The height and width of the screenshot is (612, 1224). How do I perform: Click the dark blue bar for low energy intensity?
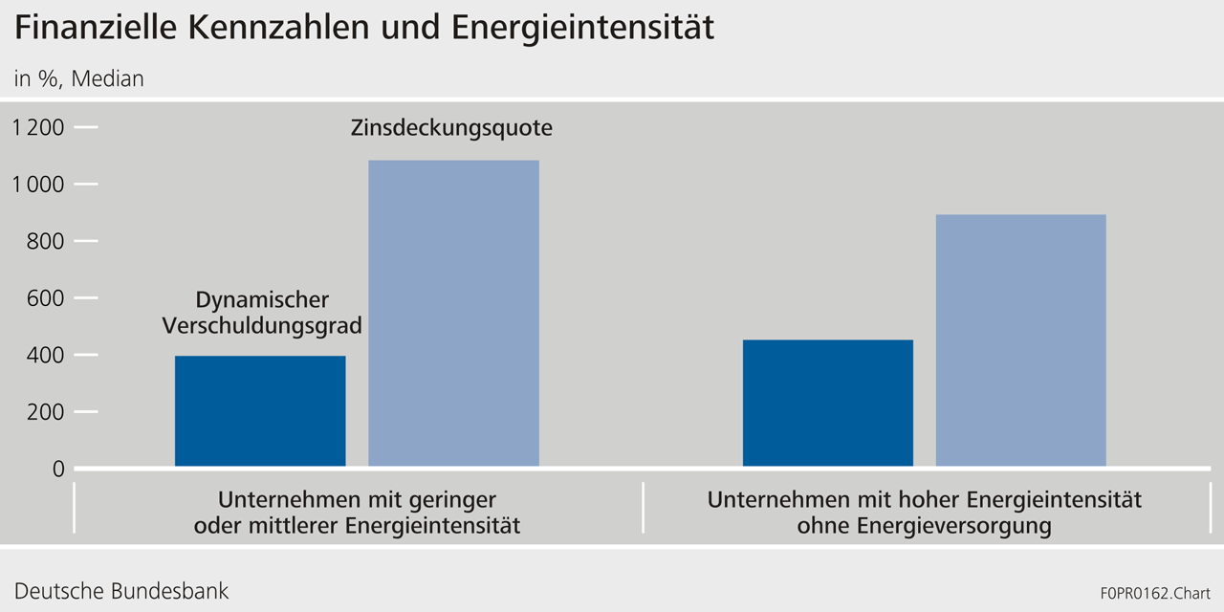point(260,411)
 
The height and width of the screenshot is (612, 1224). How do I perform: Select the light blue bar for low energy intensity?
point(453,314)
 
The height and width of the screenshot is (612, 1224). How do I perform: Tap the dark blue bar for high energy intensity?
point(827,404)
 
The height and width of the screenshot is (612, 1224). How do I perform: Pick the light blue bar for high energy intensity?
point(1020,340)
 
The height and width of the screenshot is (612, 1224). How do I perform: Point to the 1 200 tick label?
point(38,127)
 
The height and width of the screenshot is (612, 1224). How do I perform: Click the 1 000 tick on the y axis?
point(38,185)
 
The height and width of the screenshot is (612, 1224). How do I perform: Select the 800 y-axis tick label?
point(45,241)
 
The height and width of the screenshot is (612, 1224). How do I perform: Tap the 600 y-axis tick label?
point(45,298)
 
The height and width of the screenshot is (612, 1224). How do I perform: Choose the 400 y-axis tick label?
point(45,355)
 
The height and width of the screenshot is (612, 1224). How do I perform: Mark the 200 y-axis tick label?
point(45,412)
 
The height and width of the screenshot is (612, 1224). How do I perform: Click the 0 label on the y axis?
point(58,469)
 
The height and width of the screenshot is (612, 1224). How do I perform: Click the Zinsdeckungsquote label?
point(451,127)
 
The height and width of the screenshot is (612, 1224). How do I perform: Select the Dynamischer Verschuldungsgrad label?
point(262,314)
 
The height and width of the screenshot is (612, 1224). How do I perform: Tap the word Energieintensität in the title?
point(582,29)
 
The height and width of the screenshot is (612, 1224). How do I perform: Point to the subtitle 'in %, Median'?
point(78,79)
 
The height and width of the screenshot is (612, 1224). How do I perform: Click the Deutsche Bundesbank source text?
point(121,590)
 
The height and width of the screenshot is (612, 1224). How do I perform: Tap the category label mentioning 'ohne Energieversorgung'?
point(924,513)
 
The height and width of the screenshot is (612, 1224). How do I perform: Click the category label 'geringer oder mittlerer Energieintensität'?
point(357,513)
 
